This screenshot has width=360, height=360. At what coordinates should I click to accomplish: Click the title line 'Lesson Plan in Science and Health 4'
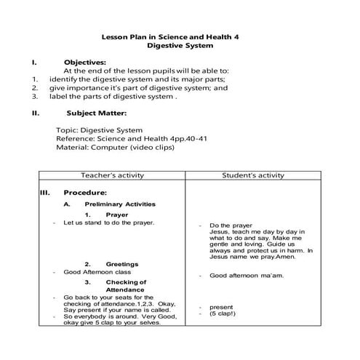pyautogui.click(x=179, y=35)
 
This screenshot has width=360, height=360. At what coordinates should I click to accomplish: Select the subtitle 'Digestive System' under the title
pyautogui.click(x=180, y=46)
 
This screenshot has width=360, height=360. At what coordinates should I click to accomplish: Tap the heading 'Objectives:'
pyautogui.click(x=85, y=62)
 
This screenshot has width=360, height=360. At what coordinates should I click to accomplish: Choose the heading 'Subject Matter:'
pyautogui.click(x=97, y=113)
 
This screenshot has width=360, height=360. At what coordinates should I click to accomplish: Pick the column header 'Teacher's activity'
pyautogui.click(x=111, y=175)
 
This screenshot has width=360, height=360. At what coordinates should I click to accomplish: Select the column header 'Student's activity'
pyautogui.click(x=252, y=175)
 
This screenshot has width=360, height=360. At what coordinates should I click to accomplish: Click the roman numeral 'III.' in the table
pyautogui.click(x=44, y=193)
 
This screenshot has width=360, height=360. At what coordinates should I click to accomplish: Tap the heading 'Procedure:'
pyautogui.click(x=85, y=193)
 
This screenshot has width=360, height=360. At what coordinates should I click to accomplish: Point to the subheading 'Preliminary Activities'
pyautogui.click(x=119, y=204)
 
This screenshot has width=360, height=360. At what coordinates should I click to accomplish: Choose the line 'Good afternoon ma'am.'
pyautogui.click(x=247, y=276)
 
